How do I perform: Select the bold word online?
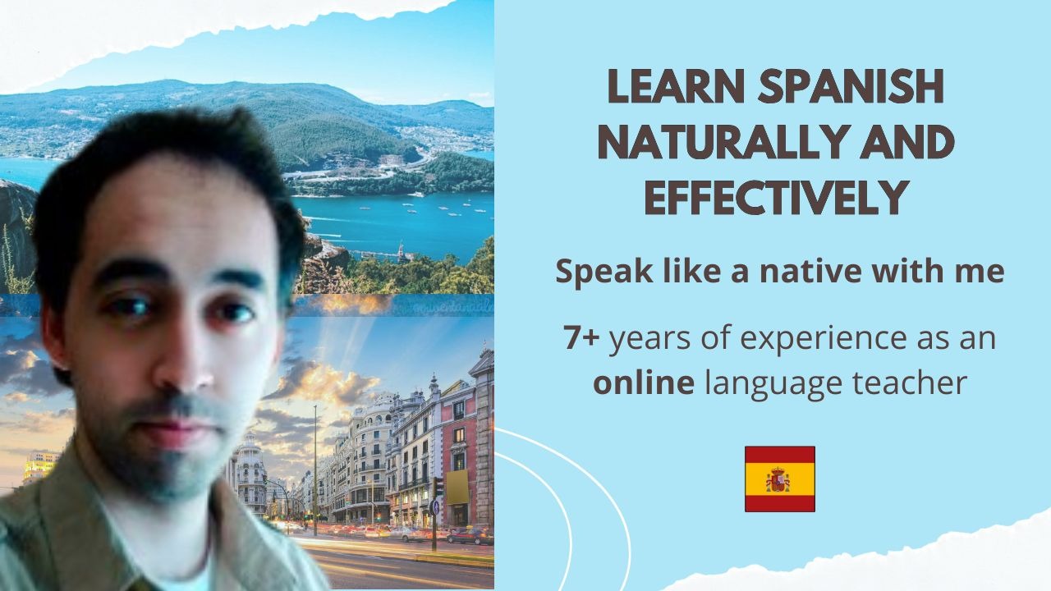[x=644, y=382]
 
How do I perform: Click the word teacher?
[x=909, y=383]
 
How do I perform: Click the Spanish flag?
[x=780, y=479]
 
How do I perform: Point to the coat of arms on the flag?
[x=778, y=479]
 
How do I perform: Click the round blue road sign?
[x=435, y=506]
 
